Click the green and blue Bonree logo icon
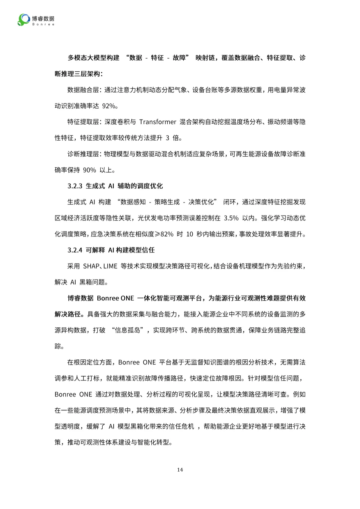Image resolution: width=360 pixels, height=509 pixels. (x=23, y=20)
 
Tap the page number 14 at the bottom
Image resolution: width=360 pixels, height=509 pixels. (x=180, y=470)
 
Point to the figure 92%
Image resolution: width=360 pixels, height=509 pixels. (x=109, y=106)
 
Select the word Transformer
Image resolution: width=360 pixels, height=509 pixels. (x=158, y=122)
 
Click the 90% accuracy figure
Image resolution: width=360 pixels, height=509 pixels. (x=89, y=170)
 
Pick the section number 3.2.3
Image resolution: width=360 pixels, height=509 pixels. (x=75, y=186)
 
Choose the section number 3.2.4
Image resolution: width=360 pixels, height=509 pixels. (x=75, y=250)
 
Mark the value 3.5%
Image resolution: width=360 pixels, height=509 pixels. (x=231, y=218)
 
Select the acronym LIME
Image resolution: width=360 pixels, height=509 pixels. (x=110, y=266)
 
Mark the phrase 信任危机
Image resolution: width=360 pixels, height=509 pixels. (x=181, y=426)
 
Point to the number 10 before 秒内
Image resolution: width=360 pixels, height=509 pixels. (x=190, y=234)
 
